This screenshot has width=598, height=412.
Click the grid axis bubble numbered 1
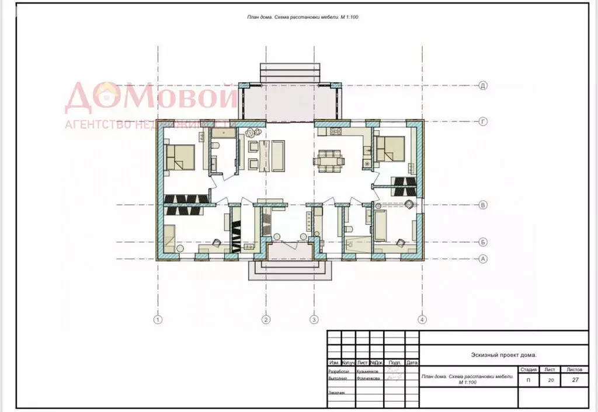pos(157,319)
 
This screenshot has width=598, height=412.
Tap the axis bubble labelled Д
pos(483,86)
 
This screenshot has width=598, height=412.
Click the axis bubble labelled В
pos(483,205)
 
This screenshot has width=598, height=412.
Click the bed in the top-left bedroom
pos(180,157)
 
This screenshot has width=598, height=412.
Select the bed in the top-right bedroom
pos(391,148)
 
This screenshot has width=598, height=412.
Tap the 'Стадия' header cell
pos(528,369)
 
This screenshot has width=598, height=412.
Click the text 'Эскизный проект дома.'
pos(503,355)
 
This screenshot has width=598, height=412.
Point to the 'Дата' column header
pos(412,362)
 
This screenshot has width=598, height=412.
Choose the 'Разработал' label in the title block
pos(339,371)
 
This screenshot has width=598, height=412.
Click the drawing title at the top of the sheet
pos(303,17)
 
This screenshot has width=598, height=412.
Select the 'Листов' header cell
pos(574,369)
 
